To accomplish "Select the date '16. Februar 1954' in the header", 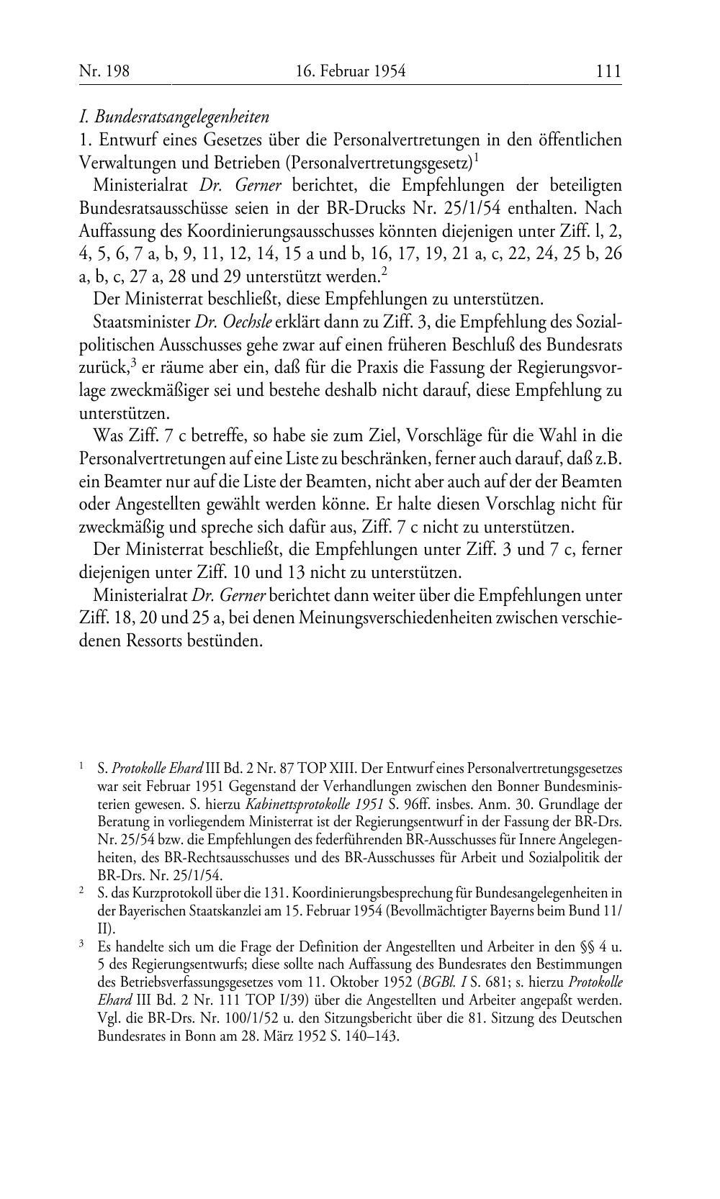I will [351, 71].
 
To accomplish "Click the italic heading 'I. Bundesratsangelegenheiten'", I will [174, 116].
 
